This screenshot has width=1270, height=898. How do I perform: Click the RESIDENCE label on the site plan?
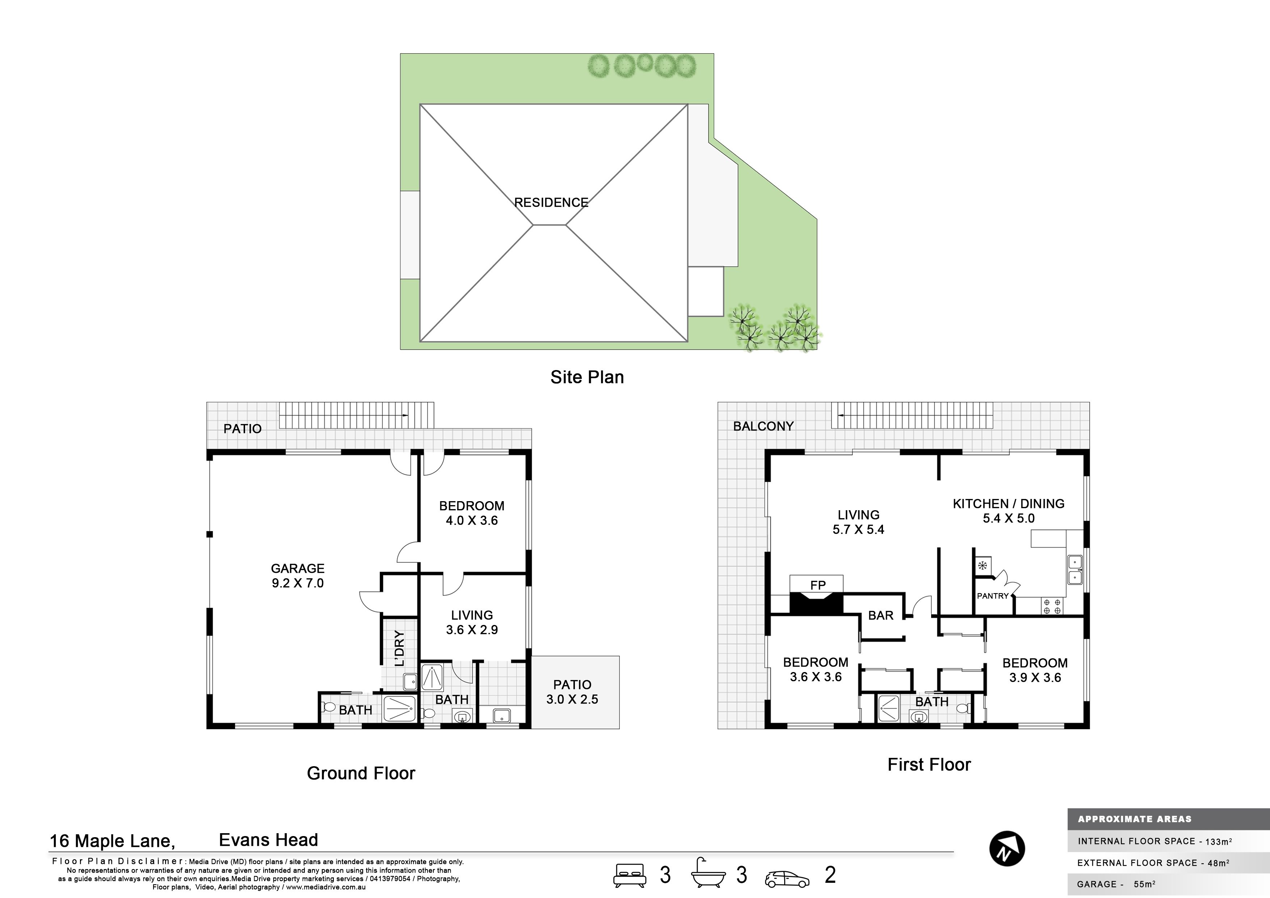point(551,202)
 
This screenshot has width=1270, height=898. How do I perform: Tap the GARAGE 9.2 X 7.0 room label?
point(298,575)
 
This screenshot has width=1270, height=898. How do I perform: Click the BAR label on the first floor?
point(880,615)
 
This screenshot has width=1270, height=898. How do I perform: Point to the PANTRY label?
point(993,596)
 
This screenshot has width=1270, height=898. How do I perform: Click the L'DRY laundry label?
point(399,649)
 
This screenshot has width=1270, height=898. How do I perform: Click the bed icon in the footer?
point(630,875)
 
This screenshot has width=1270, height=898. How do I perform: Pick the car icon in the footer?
point(787,879)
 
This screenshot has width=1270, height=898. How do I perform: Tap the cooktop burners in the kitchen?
point(1051,607)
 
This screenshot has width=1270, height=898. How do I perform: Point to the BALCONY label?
point(763,426)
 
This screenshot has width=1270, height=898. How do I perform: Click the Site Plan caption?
point(587,377)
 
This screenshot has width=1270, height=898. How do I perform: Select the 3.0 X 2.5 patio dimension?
point(572,699)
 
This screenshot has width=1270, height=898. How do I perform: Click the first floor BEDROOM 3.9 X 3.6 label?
point(1035,670)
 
